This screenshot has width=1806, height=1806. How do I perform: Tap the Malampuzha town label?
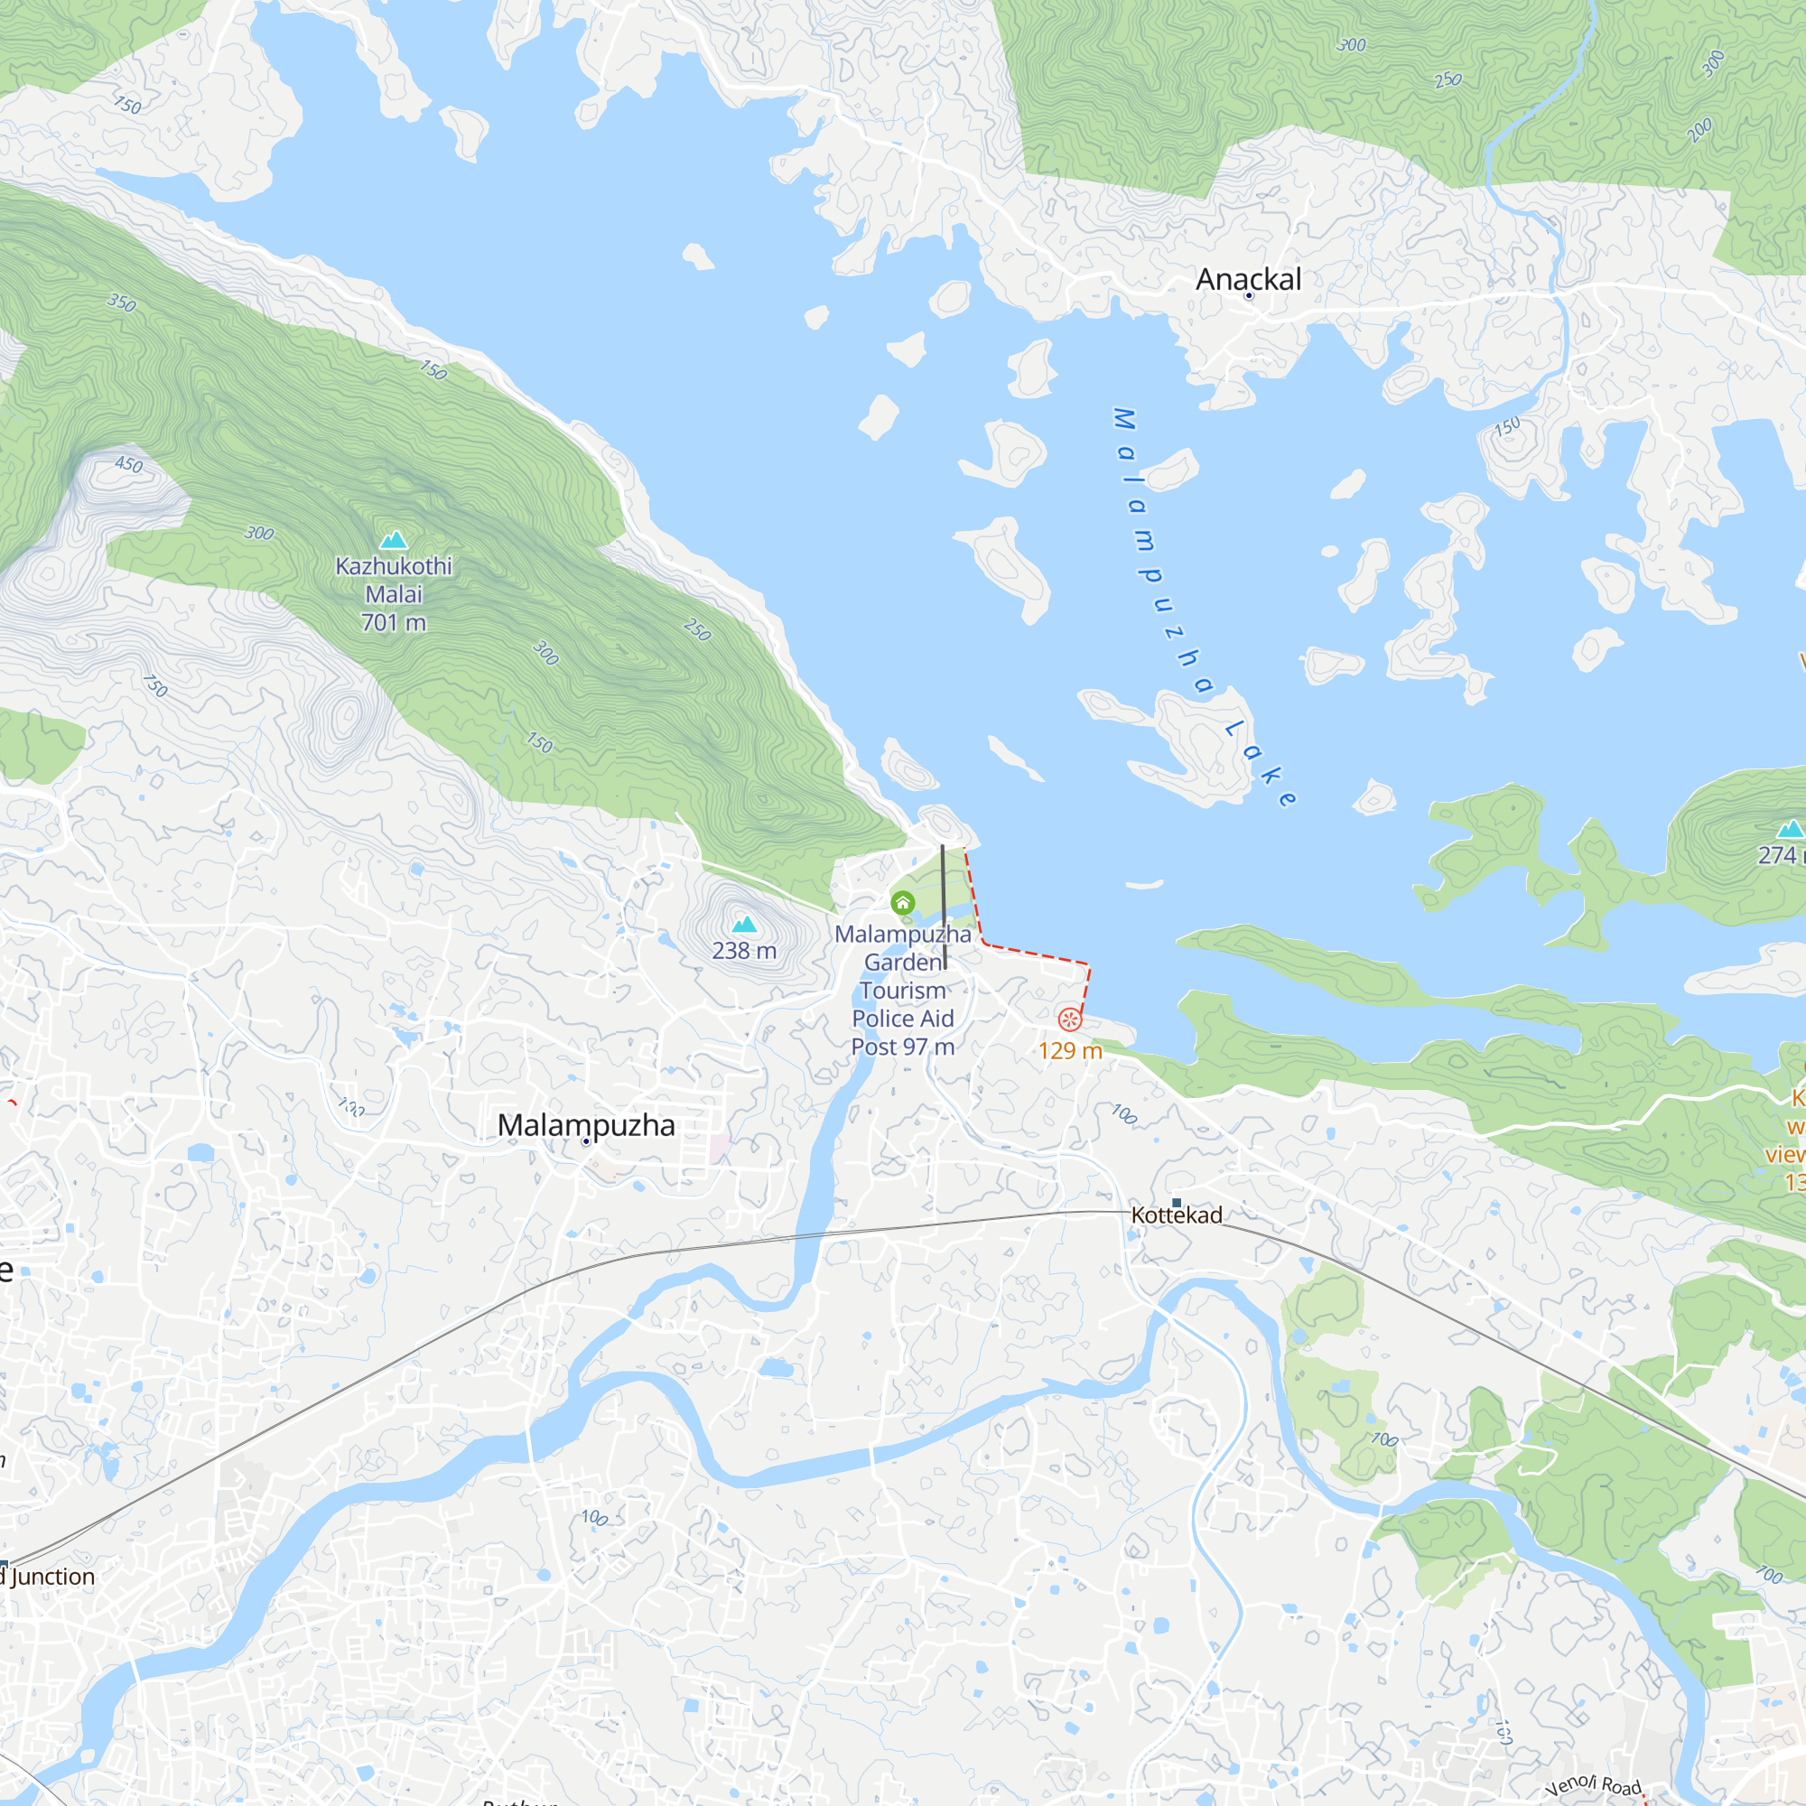(586, 1124)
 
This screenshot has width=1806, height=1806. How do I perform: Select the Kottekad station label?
(1176, 1215)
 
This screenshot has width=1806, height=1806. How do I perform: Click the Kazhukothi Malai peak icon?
(394, 540)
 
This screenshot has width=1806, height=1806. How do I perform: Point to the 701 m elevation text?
(394, 622)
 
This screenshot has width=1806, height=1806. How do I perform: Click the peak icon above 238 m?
(744, 926)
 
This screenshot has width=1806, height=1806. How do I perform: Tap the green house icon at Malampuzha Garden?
(902, 903)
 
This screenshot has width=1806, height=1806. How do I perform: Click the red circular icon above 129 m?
(1069, 1019)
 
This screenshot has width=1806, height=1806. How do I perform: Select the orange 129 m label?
(1070, 1051)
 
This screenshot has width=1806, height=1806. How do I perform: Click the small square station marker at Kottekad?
(1176, 1203)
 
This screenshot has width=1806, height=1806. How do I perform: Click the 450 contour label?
(129, 464)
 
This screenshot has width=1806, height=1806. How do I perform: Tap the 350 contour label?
(122, 302)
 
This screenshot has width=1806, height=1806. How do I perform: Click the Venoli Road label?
(1593, 1785)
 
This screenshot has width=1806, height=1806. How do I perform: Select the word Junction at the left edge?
(53, 1577)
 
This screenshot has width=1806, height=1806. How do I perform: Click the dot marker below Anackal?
(1248, 295)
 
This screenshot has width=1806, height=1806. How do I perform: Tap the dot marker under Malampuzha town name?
(586, 1141)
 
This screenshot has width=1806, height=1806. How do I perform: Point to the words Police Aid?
(902, 1019)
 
